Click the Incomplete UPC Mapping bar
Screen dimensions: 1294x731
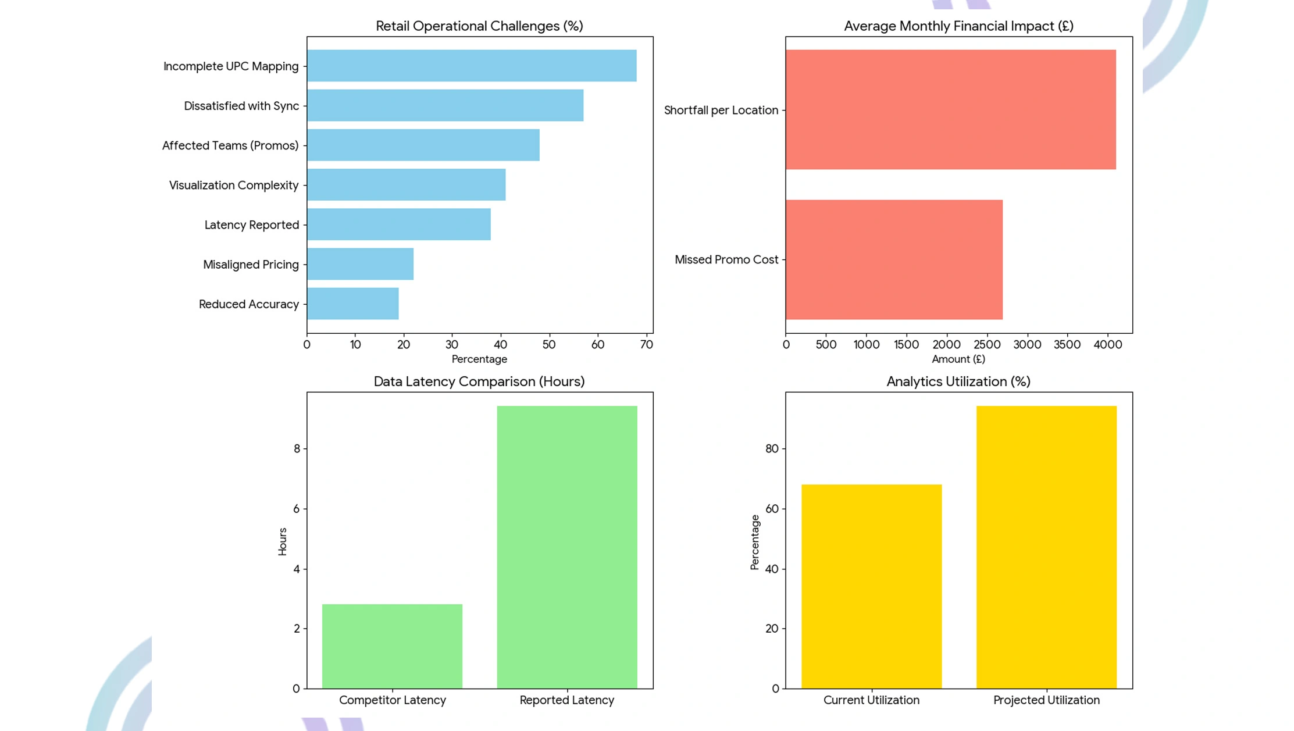[472, 66]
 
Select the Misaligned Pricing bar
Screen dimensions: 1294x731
[360, 264]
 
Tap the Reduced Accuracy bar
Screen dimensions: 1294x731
[353, 304]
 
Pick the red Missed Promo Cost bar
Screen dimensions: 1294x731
[894, 259]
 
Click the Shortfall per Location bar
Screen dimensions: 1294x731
[951, 109]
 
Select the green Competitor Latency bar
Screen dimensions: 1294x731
[393, 646]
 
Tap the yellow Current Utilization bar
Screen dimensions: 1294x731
[872, 586]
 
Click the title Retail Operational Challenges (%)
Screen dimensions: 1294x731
[479, 26]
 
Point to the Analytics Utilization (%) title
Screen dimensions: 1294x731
[958, 381]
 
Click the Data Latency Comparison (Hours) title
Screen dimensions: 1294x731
[479, 381]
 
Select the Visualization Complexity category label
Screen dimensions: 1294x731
[234, 185]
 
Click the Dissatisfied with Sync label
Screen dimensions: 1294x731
[241, 106]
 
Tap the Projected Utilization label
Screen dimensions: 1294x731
[1046, 700]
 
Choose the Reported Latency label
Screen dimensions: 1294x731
[567, 700]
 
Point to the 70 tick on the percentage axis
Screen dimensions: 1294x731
[646, 344]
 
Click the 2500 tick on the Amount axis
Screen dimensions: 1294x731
[987, 344]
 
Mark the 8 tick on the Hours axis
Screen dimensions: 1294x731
[297, 448]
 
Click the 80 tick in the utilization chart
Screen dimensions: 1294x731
[772, 448]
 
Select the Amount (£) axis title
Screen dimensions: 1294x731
[958, 359]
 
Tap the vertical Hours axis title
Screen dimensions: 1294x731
[283, 541]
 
